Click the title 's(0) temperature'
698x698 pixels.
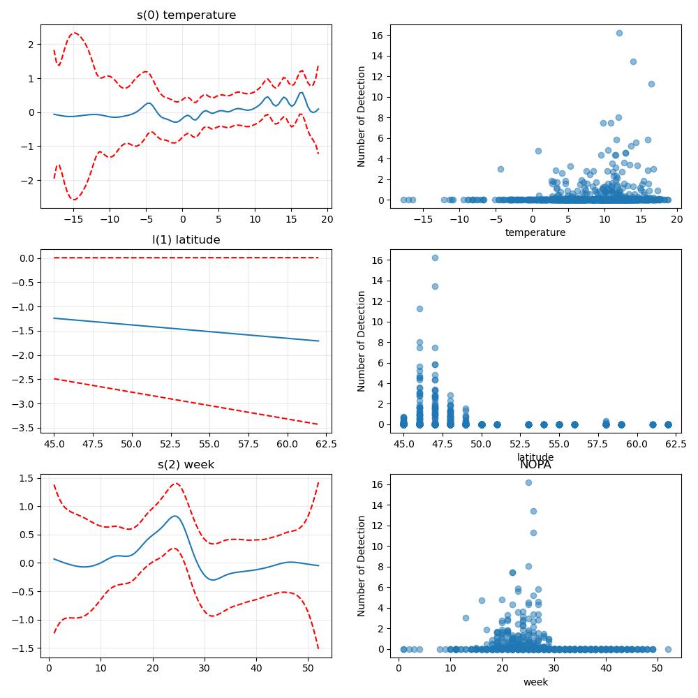[186, 15]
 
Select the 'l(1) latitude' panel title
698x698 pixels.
[186, 240]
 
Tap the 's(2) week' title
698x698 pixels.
[186, 465]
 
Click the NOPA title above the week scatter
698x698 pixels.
[535, 465]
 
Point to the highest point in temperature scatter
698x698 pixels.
[619, 33]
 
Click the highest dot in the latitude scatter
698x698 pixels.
[435, 258]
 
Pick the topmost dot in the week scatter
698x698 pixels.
[528, 482]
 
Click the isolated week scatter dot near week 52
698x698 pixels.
[668, 649]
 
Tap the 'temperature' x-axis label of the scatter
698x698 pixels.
[535, 233]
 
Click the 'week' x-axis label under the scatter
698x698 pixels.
[535, 682]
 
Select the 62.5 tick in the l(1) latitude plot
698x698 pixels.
[326, 444]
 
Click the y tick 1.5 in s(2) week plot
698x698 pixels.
[27, 478]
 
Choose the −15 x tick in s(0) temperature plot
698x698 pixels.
[73, 219]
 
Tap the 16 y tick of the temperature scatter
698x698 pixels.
[378, 36]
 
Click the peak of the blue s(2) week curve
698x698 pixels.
[175, 516]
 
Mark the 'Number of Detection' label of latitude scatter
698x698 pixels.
[361, 341]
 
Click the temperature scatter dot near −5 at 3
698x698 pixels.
[500, 169]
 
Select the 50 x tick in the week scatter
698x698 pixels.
[657, 668]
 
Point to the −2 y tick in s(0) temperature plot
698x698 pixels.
[27, 181]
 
